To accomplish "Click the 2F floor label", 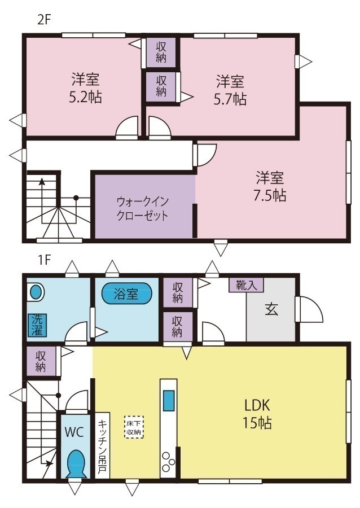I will (x=44, y=19).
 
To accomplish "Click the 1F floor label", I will (x=44, y=260).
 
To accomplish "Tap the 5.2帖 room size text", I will (x=85, y=97).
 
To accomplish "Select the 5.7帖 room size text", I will (x=230, y=99).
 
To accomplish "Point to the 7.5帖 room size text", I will (x=269, y=195).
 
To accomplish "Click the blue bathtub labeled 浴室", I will (x=127, y=294).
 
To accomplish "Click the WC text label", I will (x=74, y=432).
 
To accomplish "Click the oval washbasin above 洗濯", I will (x=36, y=292).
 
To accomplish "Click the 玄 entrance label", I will (x=271, y=309).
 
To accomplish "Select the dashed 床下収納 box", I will (x=134, y=427).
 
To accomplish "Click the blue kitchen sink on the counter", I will (x=169, y=401).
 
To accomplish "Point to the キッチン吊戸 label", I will (x=102, y=446).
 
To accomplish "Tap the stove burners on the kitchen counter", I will (x=169, y=462).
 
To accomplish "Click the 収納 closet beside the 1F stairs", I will (x=41, y=361).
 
